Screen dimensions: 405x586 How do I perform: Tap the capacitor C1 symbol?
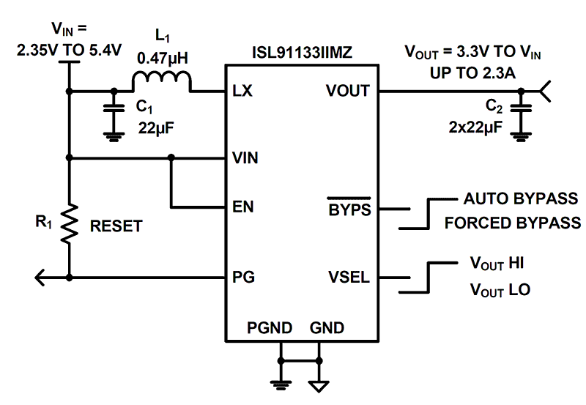click(112, 110)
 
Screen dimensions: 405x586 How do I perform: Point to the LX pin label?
click(242, 92)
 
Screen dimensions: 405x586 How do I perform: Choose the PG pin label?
click(242, 278)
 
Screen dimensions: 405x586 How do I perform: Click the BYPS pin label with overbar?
click(349, 208)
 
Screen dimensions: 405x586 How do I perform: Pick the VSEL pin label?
click(349, 278)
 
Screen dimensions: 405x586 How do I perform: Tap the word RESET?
click(116, 227)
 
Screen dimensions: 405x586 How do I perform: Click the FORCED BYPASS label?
click(512, 223)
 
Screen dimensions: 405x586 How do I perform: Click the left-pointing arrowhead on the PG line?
click(41, 278)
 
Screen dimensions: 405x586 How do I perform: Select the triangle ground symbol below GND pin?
click(319, 384)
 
